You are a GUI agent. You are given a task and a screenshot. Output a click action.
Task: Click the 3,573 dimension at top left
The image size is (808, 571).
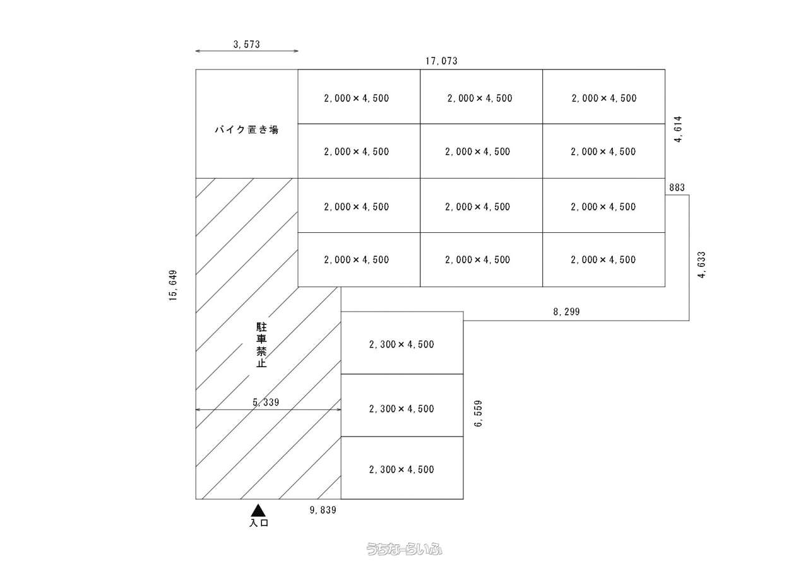[246, 44]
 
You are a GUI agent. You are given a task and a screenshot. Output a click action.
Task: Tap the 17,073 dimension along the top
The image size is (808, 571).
[441, 61]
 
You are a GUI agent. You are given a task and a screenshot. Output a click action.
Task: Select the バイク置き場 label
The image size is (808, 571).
[246, 130]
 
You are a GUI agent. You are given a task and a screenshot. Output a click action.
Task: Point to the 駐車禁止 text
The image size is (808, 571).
[261, 345]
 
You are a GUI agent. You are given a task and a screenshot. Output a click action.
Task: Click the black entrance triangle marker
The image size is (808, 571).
[258, 510]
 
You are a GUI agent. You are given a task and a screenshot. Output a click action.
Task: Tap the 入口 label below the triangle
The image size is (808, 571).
[259, 523]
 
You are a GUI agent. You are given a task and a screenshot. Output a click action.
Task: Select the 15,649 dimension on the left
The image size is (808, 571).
[174, 286]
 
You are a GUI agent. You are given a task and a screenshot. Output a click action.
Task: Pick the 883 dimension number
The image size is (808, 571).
[676, 187]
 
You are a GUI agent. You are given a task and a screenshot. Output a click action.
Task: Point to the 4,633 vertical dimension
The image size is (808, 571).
[702, 265]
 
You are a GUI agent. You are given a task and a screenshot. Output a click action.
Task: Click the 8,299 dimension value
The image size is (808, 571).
[566, 311]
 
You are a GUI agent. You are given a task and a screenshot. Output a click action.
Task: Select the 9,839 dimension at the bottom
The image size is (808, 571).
[323, 510]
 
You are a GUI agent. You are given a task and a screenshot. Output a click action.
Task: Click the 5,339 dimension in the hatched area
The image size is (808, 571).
[266, 402]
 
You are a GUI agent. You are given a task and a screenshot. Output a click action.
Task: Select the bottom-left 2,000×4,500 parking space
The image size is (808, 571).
[359, 260]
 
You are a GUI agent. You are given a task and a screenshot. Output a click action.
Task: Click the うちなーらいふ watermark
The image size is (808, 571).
[405, 550]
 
